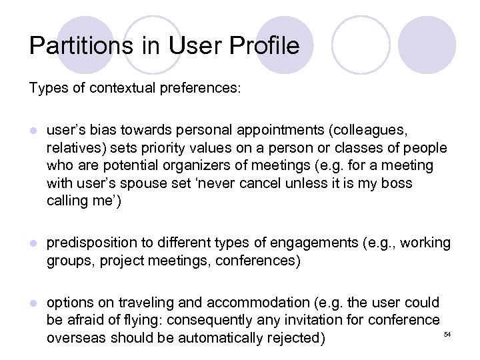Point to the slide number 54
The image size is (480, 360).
pyautogui.click(x=447, y=333)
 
